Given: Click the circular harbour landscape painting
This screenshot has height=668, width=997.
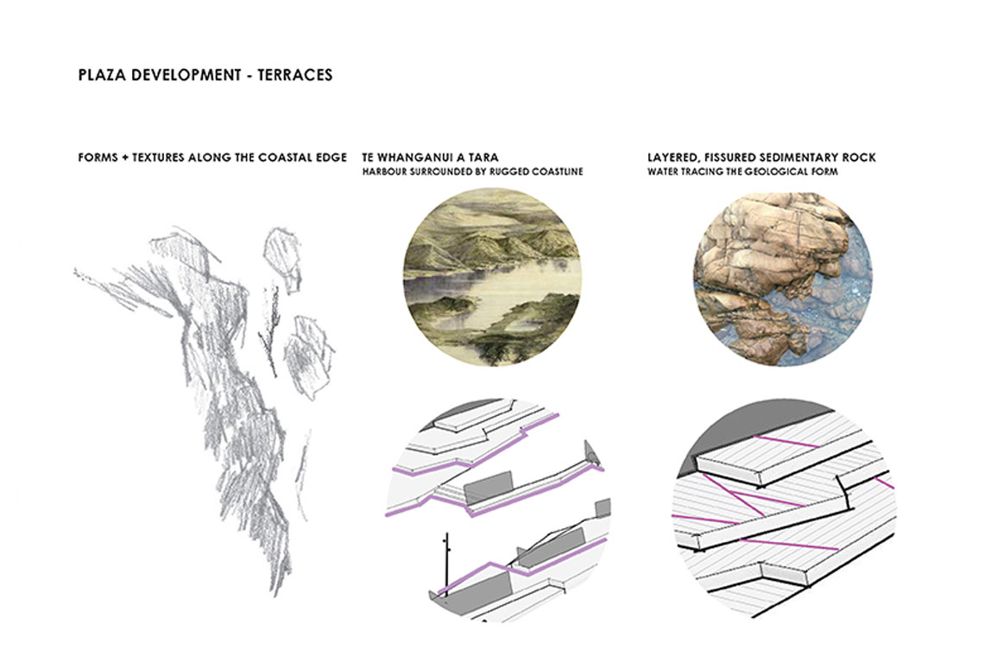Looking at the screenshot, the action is [493, 277].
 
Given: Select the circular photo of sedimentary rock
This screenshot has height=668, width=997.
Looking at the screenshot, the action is [782, 279].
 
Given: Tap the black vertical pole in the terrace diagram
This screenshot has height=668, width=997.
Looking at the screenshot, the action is [447, 564].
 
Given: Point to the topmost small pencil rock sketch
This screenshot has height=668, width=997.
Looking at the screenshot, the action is [281, 257].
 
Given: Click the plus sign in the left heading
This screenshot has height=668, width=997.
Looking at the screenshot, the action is [125, 157].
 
